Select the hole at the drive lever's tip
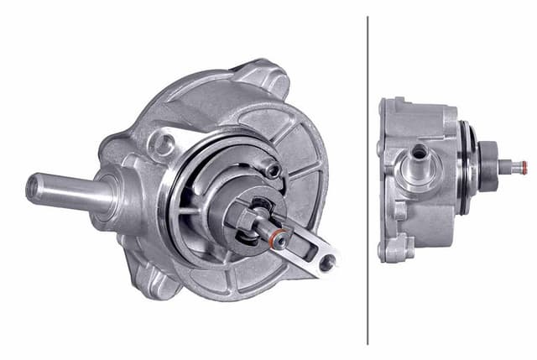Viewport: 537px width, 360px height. tap(326, 263)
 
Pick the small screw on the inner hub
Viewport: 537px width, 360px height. tap(270, 170)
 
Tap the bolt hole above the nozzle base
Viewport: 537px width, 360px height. tap(162, 143)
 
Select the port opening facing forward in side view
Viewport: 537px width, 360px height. tap(418, 152)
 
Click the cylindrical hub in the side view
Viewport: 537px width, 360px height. tap(487, 159)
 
